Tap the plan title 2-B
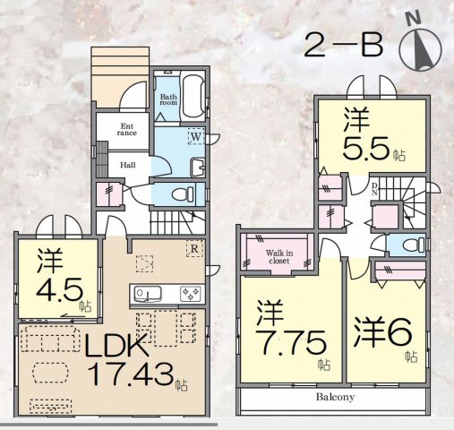click(343, 47)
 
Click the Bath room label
click(168, 99)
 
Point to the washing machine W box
click(196, 137)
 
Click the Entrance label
click(127, 130)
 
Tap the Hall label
click(128, 165)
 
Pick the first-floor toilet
click(184, 194)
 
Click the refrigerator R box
click(194, 248)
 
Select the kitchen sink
click(148, 293)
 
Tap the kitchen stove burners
click(190, 294)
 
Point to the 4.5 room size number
click(59, 289)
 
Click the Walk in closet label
click(279, 257)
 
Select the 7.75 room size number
click(291, 342)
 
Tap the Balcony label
click(336, 397)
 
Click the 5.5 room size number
click(366, 148)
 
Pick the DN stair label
click(374, 189)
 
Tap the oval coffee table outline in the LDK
click(50, 373)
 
